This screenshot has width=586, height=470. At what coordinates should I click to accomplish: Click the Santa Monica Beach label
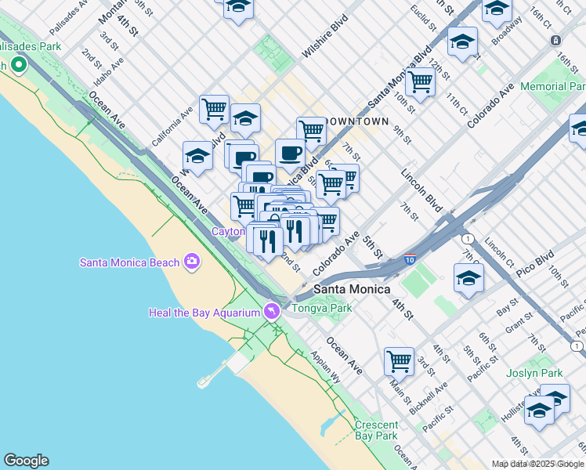click(x=129, y=262)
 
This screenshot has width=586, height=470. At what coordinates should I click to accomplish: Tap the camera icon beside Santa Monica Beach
click(x=192, y=262)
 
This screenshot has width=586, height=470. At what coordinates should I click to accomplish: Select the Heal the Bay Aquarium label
click(x=204, y=313)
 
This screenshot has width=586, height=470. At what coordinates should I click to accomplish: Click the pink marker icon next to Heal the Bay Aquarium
click(x=272, y=311)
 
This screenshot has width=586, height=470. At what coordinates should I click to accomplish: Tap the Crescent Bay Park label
click(x=376, y=430)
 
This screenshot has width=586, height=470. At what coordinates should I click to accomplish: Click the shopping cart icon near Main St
click(x=399, y=361)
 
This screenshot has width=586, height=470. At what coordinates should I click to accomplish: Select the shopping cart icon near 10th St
click(x=421, y=81)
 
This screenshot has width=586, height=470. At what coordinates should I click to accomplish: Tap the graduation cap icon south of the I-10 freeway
click(x=468, y=278)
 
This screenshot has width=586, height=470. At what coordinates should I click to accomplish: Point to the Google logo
click(x=26, y=461)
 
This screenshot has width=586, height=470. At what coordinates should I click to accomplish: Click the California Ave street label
click(x=173, y=126)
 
